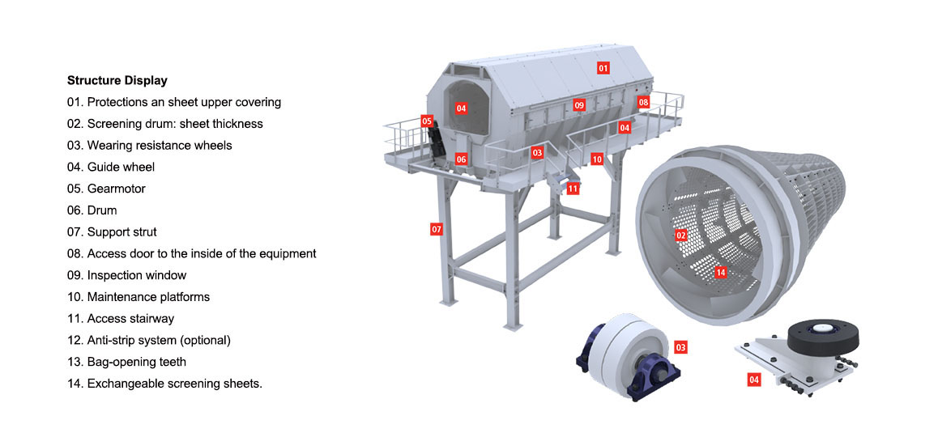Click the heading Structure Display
(x=117, y=80)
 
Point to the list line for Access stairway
(x=121, y=319)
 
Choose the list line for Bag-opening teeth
(x=127, y=362)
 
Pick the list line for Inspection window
(x=127, y=276)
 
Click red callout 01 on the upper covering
(x=603, y=68)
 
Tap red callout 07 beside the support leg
(x=437, y=228)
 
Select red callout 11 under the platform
(x=573, y=189)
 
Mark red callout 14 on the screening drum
(x=720, y=273)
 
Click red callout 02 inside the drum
(x=680, y=235)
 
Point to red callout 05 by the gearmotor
(x=427, y=121)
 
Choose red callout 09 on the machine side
(x=578, y=105)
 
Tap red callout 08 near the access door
(x=643, y=102)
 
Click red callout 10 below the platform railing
(x=597, y=159)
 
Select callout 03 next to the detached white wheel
(x=680, y=347)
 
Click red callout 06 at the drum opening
(x=461, y=159)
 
